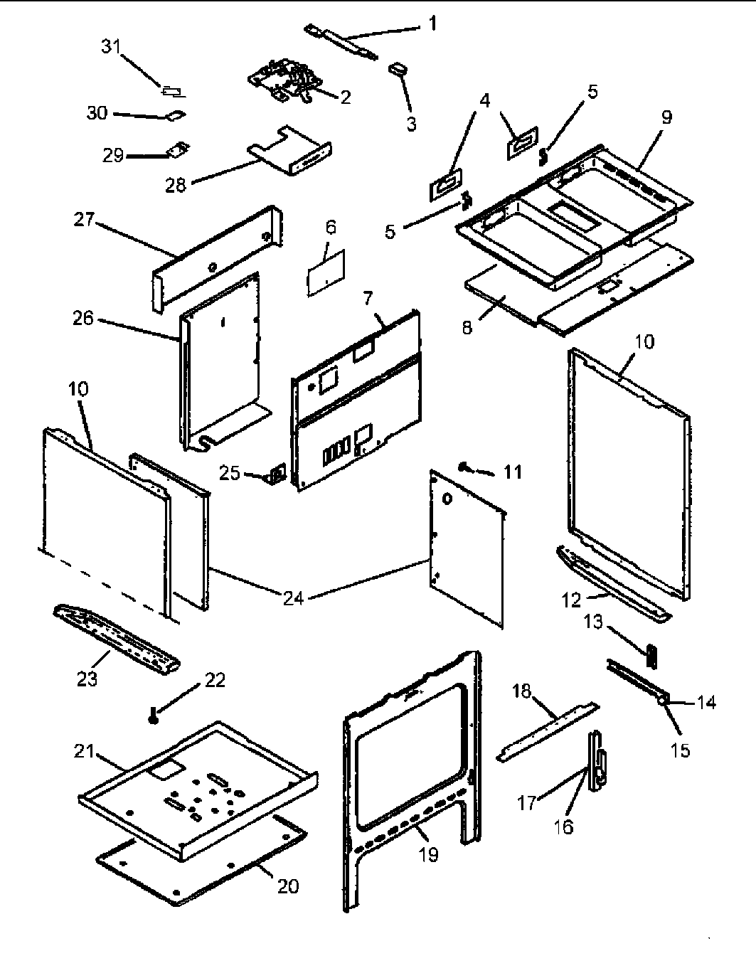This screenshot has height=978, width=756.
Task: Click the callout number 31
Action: (111, 47)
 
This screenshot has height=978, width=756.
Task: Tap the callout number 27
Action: (84, 220)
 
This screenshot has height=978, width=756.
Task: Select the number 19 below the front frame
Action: (429, 854)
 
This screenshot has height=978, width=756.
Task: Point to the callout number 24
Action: (293, 598)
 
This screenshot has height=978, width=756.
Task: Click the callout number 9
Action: (666, 117)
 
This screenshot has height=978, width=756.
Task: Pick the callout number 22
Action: (215, 680)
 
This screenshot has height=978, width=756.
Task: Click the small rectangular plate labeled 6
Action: (326, 272)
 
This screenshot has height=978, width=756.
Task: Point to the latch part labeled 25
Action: (275, 474)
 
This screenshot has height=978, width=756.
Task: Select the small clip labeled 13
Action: (651, 654)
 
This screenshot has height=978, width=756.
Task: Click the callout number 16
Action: (563, 827)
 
